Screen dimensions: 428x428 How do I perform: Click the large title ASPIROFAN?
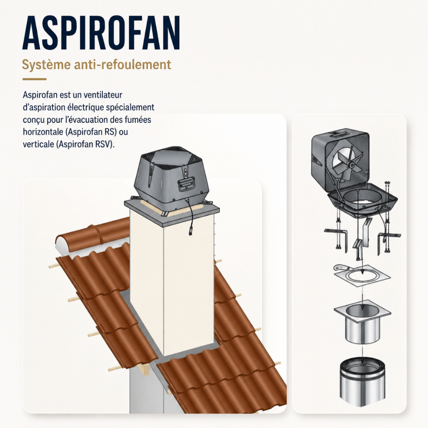[x=101, y=33]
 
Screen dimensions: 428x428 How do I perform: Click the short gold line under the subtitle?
[x=34, y=79]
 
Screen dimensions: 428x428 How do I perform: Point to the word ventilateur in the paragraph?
[x=103, y=95]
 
